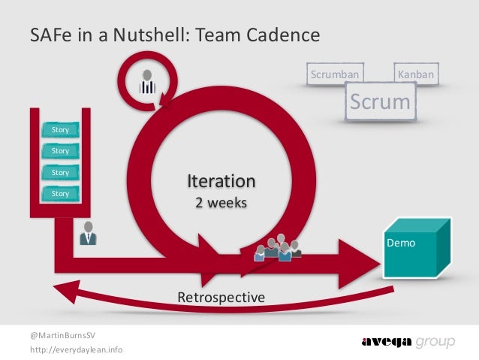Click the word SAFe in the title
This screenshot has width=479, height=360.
(50, 36)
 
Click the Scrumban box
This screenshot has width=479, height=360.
(335, 74)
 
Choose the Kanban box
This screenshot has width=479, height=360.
(418, 74)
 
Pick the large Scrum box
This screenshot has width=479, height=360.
(381, 101)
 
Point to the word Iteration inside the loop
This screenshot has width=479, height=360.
(221, 181)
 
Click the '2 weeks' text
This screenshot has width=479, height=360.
(221, 203)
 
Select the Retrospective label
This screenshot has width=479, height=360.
(221, 298)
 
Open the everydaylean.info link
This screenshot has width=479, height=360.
(77, 350)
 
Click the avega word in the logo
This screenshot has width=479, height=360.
(387, 342)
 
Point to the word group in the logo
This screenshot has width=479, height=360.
(435, 343)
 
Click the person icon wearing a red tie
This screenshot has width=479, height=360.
(88, 234)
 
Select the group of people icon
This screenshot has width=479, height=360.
(277, 247)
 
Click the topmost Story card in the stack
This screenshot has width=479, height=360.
(60, 130)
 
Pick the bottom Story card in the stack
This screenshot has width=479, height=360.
(60, 194)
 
